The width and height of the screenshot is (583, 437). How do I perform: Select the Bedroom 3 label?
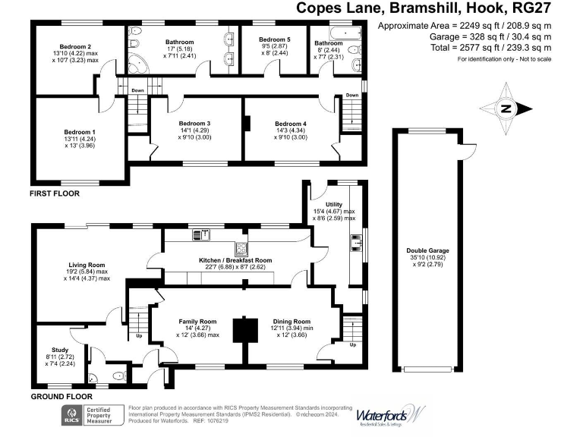point(194,124)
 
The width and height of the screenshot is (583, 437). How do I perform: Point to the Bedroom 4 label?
point(291,124)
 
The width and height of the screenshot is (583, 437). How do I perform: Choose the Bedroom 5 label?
point(274,39)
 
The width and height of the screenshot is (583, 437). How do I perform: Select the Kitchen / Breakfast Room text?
point(235,260)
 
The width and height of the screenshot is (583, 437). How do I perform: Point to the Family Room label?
point(197,321)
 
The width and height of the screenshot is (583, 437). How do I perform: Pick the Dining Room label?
point(291,321)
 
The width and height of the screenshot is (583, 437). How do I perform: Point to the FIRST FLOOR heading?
point(55,193)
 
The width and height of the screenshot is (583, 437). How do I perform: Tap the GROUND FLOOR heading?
point(61,397)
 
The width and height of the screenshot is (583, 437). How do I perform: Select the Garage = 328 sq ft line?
point(487,36)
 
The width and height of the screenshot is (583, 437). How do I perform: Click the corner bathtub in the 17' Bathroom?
point(139,62)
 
